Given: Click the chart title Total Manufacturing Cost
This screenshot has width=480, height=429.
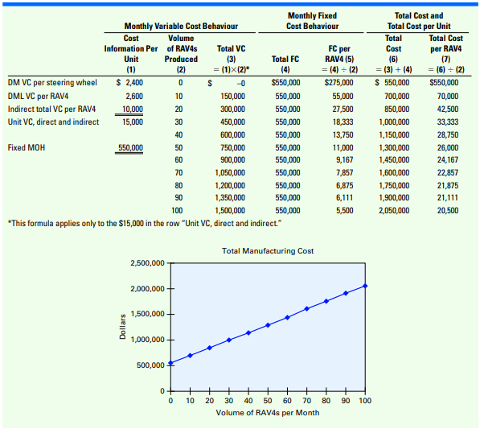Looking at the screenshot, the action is (268, 251).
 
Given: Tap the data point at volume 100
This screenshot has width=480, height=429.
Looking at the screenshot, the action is (365, 286).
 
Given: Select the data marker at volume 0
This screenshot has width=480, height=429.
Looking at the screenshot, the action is (170, 363).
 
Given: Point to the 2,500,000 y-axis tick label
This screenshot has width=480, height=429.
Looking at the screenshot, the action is (148, 263).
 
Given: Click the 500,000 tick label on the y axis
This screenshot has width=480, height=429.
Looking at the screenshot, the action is (150, 365).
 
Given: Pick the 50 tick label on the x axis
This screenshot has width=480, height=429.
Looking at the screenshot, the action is (268, 401).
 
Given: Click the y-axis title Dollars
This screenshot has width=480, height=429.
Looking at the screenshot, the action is (123, 327).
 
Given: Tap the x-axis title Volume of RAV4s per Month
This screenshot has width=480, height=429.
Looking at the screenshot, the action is (268, 413).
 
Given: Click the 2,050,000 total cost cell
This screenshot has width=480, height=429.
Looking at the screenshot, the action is (394, 211).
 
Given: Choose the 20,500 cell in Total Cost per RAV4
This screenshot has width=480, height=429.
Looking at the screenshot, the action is (448, 211).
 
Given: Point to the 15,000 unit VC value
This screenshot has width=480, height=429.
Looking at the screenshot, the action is (133, 122).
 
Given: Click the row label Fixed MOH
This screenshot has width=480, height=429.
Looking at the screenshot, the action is (27, 148).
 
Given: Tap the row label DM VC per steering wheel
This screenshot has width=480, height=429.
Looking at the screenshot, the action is (52, 83).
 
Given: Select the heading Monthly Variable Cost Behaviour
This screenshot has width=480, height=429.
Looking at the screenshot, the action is (181, 26).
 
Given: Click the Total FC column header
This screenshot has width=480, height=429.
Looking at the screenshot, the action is (285, 59).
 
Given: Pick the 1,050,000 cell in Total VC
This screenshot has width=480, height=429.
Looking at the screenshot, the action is (230, 173).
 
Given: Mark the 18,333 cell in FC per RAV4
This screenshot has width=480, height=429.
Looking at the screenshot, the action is (343, 122).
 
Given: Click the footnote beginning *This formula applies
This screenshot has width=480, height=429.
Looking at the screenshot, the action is (145, 224).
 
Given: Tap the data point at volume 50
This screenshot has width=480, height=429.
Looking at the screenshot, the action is (268, 325).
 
